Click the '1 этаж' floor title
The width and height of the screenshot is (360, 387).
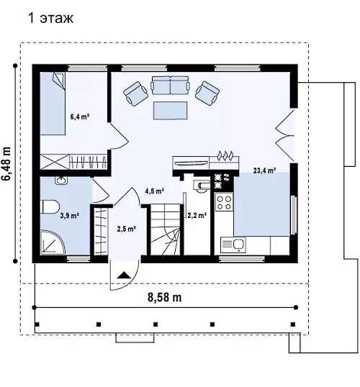51,19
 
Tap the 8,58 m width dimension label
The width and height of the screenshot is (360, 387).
165,297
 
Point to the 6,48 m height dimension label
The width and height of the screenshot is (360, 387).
6,163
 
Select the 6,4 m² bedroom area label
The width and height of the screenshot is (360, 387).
80,117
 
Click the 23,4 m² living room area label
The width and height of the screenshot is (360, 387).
264,170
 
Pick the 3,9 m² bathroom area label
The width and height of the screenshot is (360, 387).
70,216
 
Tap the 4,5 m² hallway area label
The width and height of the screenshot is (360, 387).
155,191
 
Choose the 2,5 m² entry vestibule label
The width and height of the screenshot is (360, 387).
126,229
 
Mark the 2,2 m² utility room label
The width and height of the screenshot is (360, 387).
197,216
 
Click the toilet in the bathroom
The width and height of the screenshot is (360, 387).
50,206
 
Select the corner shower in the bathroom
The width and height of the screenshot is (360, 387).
52,242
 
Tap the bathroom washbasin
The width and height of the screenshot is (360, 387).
60,181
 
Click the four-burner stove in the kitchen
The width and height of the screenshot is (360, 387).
224,202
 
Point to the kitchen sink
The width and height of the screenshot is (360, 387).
233,245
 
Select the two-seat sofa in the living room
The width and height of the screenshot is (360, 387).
170,85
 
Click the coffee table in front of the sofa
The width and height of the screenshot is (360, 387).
170,110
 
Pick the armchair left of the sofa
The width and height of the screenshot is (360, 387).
135,94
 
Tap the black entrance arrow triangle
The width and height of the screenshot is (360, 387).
124,275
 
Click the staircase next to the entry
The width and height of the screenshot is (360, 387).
165,229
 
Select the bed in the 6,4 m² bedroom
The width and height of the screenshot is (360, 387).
53,104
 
